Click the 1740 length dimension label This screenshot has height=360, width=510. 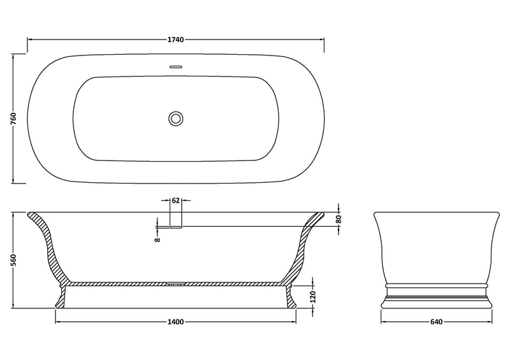pos(176,40)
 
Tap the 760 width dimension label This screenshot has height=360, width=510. pos(13,119)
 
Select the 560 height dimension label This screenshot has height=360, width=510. pos(13,261)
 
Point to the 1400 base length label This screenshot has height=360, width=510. pos(176,322)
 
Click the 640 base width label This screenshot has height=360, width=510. pos(436,322)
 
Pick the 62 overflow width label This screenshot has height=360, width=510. pos(176,201)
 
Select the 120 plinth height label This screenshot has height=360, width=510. pos(313,297)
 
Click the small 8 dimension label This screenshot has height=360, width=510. pos(157,240)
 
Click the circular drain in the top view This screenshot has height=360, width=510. pos(176,118)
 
